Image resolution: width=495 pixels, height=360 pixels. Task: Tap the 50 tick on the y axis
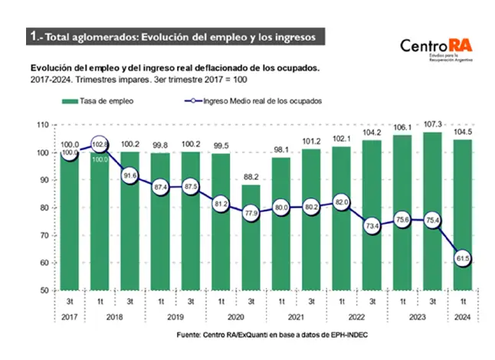tap(44, 291)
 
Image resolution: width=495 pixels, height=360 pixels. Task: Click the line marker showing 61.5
tap(462, 260)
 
